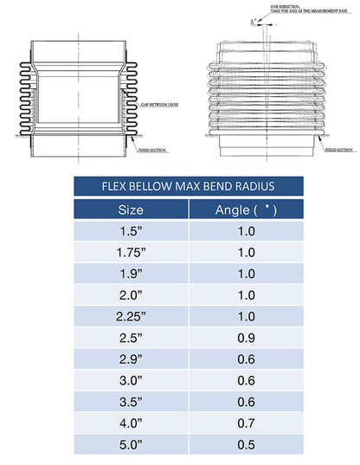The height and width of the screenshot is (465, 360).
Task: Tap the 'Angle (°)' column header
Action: (245, 210)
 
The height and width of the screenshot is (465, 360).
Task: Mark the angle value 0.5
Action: (245, 444)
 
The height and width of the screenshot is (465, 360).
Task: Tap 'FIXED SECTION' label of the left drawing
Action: (154, 150)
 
